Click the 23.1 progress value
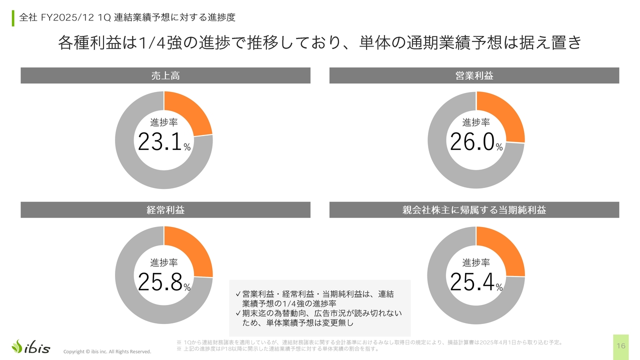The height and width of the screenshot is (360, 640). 159,142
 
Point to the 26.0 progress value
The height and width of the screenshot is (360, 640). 472,142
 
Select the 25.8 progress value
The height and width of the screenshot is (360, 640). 159,282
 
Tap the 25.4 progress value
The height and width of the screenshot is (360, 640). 472,282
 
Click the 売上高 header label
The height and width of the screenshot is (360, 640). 165,75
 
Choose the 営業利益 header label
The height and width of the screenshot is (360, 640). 474,75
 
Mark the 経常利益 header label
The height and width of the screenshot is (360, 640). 165,210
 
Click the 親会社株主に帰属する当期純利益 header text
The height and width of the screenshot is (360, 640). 474,210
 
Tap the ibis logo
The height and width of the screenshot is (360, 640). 31,346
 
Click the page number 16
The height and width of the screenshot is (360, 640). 621,346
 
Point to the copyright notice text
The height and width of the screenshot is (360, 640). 107,351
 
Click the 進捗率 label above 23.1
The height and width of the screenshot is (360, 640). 164,122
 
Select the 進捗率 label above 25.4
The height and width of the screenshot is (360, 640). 476,262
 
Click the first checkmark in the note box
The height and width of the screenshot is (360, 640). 238,293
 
